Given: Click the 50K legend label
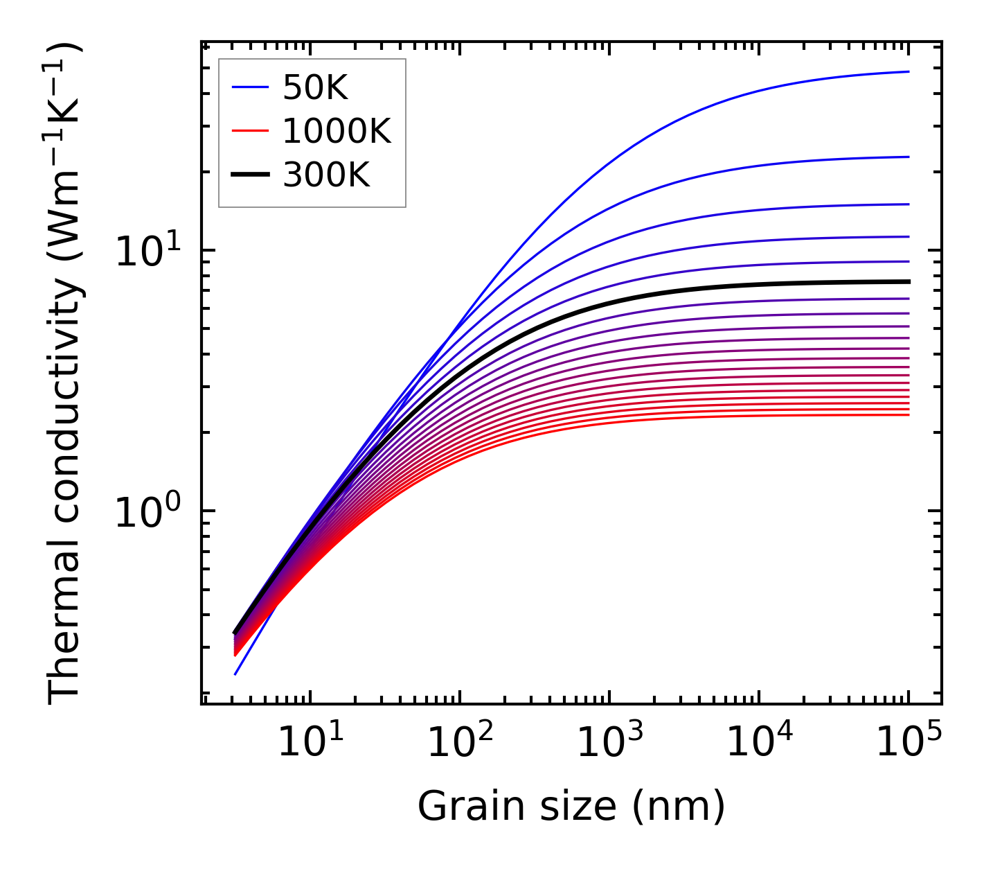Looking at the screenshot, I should [x=315, y=87].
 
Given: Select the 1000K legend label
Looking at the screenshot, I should [x=337, y=131].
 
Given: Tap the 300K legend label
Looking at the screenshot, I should [x=326, y=175].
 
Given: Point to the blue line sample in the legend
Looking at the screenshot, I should [x=249, y=87].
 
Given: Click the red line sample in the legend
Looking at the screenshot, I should [x=249, y=131].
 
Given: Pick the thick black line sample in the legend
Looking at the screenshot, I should [x=249, y=175].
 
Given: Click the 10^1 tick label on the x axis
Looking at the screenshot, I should [x=310, y=743].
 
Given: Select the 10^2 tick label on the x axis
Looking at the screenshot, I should [x=460, y=743].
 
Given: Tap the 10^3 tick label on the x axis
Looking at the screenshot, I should [x=609, y=743].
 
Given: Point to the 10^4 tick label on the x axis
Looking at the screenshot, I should [x=759, y=743].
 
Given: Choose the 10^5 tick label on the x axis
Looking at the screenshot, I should [x=909, y=743].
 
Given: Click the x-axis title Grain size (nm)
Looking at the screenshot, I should [x=571, y=807].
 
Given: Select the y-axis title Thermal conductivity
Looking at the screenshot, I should [x=66, y=374].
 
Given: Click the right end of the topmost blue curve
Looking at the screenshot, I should [x=908, y=71].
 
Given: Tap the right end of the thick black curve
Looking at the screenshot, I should [x=908, y=281].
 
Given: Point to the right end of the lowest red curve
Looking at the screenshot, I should [x=908, y=414].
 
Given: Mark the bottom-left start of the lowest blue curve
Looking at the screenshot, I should [x=235, y=674].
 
